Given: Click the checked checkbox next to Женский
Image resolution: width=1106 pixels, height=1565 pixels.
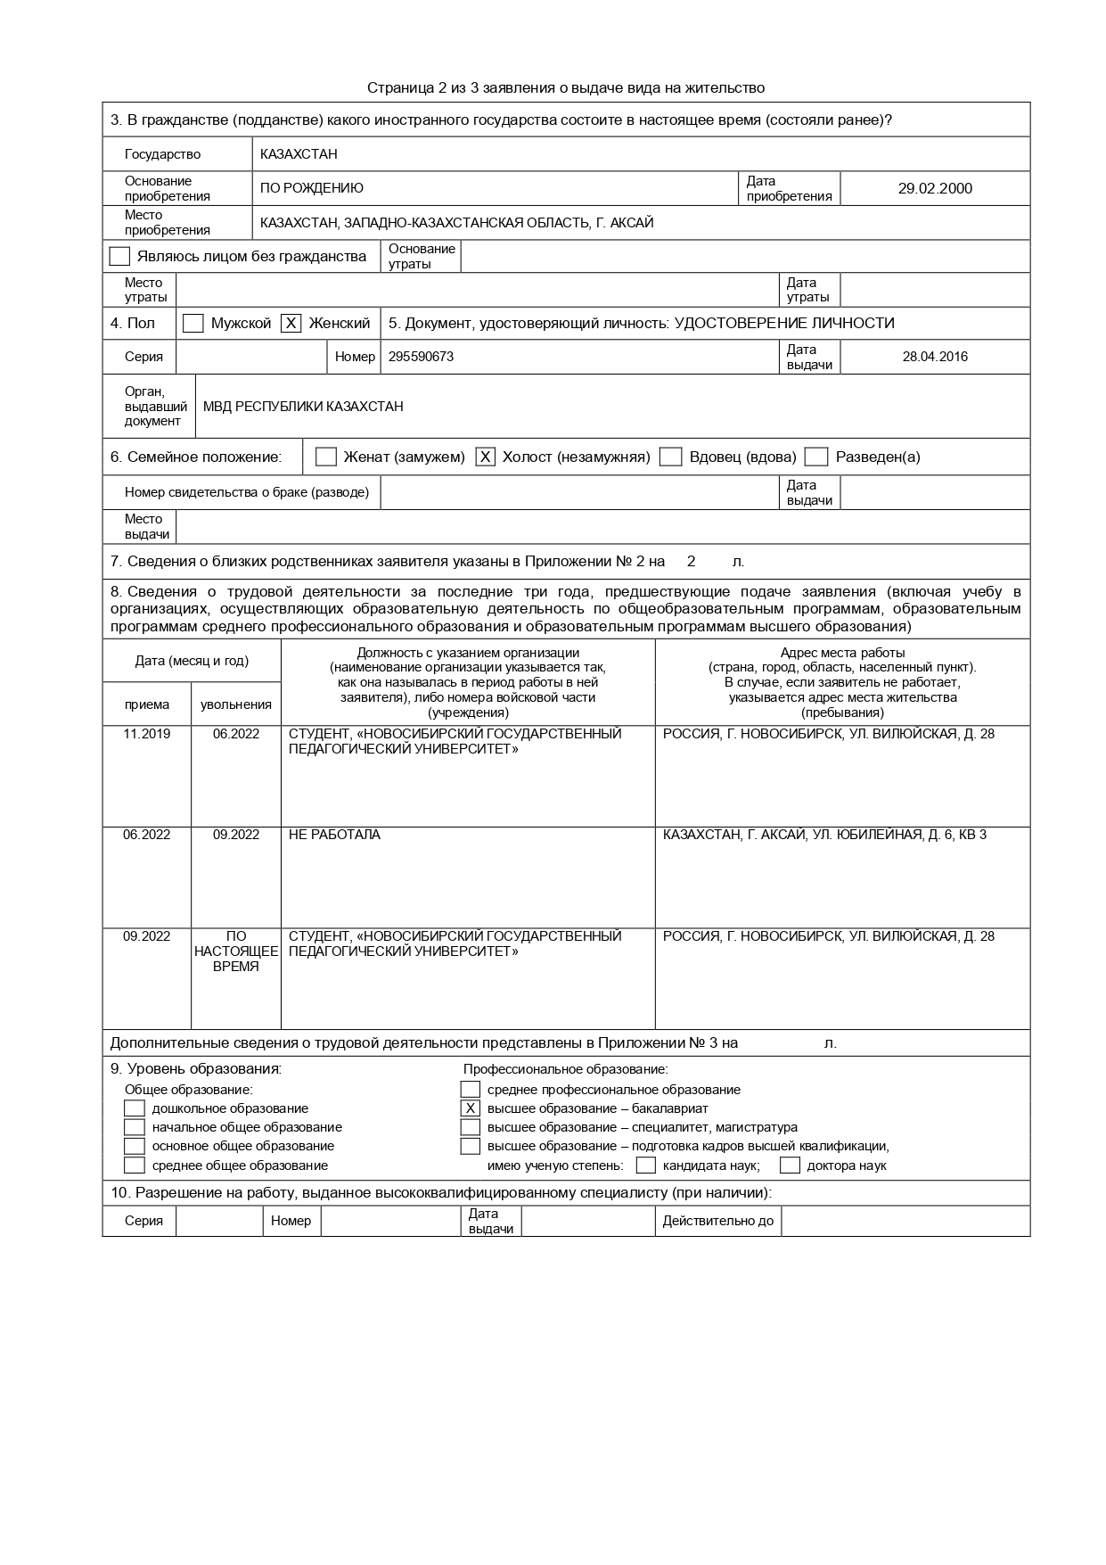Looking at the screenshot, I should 291,324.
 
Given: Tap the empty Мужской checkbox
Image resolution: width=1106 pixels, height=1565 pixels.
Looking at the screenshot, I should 193,324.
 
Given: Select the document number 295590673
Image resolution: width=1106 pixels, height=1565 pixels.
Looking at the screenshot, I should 421,357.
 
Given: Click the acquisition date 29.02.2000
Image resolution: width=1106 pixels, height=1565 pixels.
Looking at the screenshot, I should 935,188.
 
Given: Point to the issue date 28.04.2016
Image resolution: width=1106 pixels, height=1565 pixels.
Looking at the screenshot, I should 935,357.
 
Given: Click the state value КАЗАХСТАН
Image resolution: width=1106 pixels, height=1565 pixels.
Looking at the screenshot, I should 299,154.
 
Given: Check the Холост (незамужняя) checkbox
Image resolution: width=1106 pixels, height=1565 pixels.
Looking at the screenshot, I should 485,457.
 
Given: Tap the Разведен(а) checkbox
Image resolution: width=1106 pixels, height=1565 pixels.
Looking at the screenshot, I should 816,457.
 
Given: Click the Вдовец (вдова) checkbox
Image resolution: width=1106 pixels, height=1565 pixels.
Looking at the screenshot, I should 670,457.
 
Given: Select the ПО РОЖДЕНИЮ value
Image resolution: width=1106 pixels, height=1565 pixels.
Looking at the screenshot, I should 312,188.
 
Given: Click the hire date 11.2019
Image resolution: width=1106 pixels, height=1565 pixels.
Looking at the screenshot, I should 147,734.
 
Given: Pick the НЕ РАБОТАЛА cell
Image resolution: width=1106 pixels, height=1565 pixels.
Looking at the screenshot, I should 334,835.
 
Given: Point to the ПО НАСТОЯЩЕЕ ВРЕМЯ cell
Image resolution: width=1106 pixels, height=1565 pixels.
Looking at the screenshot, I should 236,951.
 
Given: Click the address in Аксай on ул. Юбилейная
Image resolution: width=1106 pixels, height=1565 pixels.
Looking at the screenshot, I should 824,835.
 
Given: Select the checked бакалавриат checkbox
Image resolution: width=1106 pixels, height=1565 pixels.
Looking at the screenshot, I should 471,1108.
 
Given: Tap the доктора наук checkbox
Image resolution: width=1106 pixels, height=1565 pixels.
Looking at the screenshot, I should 790,1166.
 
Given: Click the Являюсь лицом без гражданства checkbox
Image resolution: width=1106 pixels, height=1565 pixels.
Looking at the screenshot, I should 119,257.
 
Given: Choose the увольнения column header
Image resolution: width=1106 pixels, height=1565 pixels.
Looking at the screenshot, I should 236,704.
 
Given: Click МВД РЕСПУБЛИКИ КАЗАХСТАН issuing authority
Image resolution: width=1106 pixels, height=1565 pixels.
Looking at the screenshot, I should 303,407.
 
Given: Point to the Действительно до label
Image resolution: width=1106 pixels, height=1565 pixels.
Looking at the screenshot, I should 717,1221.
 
